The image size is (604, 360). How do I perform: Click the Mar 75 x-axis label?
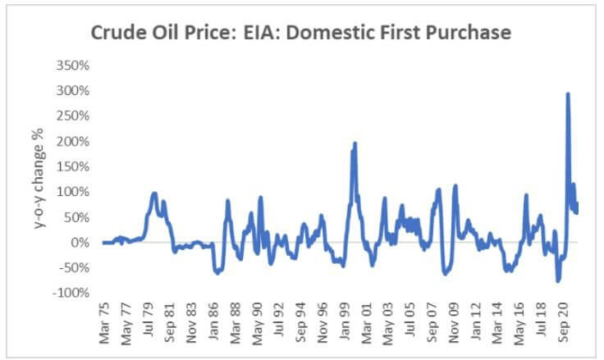pos(103,326)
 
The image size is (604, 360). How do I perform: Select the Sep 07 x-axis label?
pos(432,326)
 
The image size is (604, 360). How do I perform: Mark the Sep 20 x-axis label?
pos(564,326)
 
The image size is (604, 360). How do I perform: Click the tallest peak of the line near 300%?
pos(568,93)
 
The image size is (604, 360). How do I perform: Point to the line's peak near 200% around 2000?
pos(355,144)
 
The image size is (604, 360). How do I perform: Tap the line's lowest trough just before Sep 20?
pos(557,281)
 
